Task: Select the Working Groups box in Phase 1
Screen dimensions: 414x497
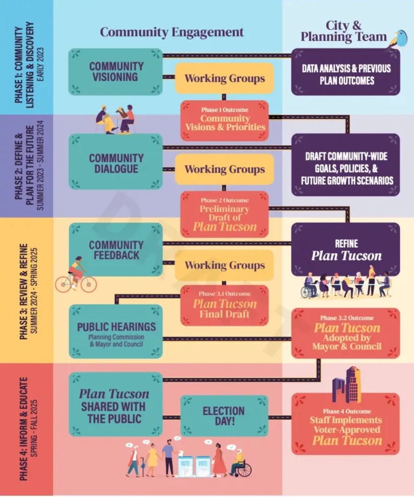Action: (225, 79)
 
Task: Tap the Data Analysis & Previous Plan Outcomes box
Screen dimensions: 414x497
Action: (345, 72)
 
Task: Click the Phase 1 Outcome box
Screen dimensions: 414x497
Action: (225, 118)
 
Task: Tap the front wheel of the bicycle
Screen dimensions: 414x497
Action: (87, 284)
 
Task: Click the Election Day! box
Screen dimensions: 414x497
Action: (224, 416)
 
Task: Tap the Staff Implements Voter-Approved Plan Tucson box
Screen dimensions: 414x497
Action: (345, 424)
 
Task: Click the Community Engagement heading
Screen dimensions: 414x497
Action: (172, 32)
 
